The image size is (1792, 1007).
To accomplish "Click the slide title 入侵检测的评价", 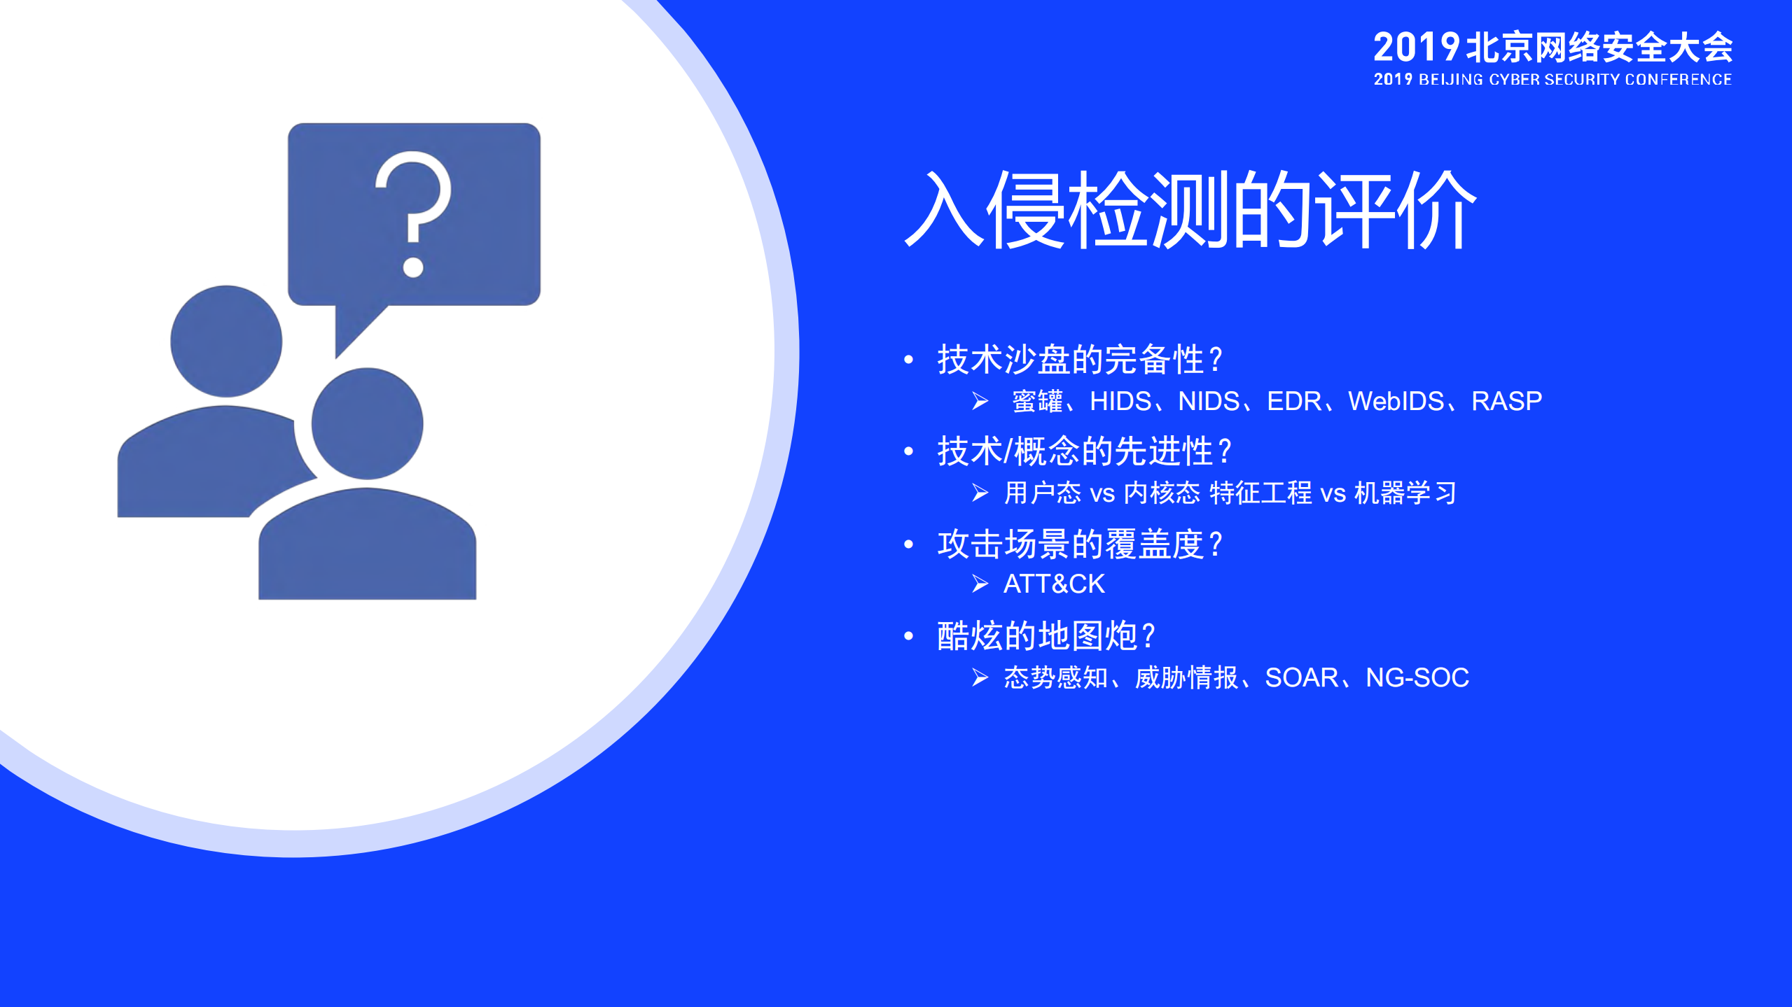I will coord(1190,210).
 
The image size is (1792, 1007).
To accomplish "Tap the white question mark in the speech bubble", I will coord(413,210).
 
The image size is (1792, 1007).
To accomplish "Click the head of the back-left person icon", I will coord(226,341).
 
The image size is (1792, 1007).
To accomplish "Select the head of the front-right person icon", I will coord(367,423).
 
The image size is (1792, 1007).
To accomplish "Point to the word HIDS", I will coord(1120,401).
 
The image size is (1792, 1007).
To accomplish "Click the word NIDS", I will coord(1209,401).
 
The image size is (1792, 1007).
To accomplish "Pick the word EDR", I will coord(1294,401).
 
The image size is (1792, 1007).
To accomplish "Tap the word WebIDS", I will coord(1396,401).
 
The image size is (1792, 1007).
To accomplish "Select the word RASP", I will coord(1506,401).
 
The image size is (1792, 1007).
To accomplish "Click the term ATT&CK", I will coord(1054,584).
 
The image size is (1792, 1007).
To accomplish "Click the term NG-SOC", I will coord(1417,677).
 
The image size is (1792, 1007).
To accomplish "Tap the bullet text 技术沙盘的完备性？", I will coord(1081,360).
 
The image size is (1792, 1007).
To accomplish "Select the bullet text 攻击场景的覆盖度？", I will coord(1081,544).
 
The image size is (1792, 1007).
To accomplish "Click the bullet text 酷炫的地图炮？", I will coord(1046,636).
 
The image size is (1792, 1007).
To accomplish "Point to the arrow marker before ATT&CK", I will coord(980,584).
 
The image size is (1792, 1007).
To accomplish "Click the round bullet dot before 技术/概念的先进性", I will coord(909,451).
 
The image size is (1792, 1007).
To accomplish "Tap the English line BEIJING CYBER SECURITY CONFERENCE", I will coord(1575,80).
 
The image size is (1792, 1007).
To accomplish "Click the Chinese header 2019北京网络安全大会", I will coord(1553,48).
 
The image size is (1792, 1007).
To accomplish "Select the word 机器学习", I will coord(1405,493).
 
